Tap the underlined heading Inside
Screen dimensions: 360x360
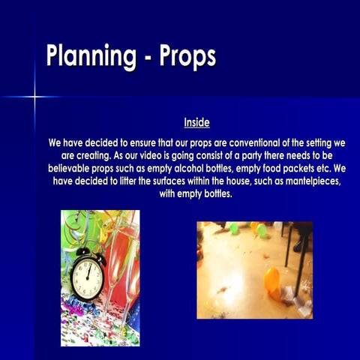pyautogui.click(x=196, y=122)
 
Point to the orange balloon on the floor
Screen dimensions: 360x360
pyautogui.click(x=271, y=280)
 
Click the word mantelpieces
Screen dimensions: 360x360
pyautogui.click(x=305, y=181)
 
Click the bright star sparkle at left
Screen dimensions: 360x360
pyautogui.click(x=34, y=96)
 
